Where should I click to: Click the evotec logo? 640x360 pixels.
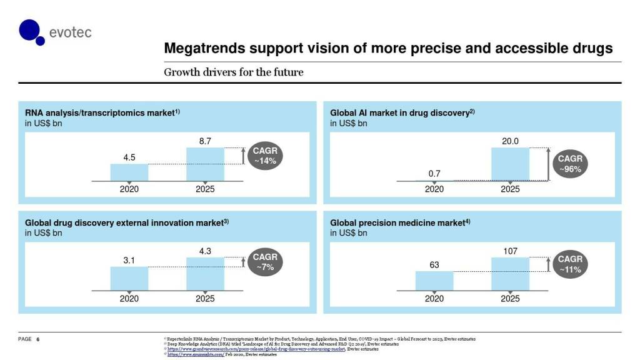coord(55,32)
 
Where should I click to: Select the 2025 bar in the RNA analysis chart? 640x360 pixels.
coord(205,164)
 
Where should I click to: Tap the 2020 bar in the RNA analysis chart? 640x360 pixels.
coord(129,172)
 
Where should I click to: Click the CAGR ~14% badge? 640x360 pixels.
coord(264,156)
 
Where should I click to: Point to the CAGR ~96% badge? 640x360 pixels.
coord(569,164)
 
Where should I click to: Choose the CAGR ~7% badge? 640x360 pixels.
coord(264,262)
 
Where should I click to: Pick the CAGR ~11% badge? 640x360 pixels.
coord(569,264)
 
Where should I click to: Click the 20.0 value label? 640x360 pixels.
coord(510,141)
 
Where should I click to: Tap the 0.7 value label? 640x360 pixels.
coord(434,172)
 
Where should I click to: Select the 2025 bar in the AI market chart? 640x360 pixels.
coord(510,164)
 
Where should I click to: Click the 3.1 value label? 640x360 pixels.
coord(129,260)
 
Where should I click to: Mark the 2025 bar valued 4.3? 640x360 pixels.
coord(205,274)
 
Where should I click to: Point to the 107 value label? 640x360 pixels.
coord(510,251)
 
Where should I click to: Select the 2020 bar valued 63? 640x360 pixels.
coord(434,281)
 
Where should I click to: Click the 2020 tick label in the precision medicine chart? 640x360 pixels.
coord(434,299)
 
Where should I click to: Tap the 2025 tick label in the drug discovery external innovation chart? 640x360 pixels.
coord(205,299)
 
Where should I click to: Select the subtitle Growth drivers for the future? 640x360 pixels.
coord(233,72)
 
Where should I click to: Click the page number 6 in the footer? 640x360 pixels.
coord(38,339)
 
